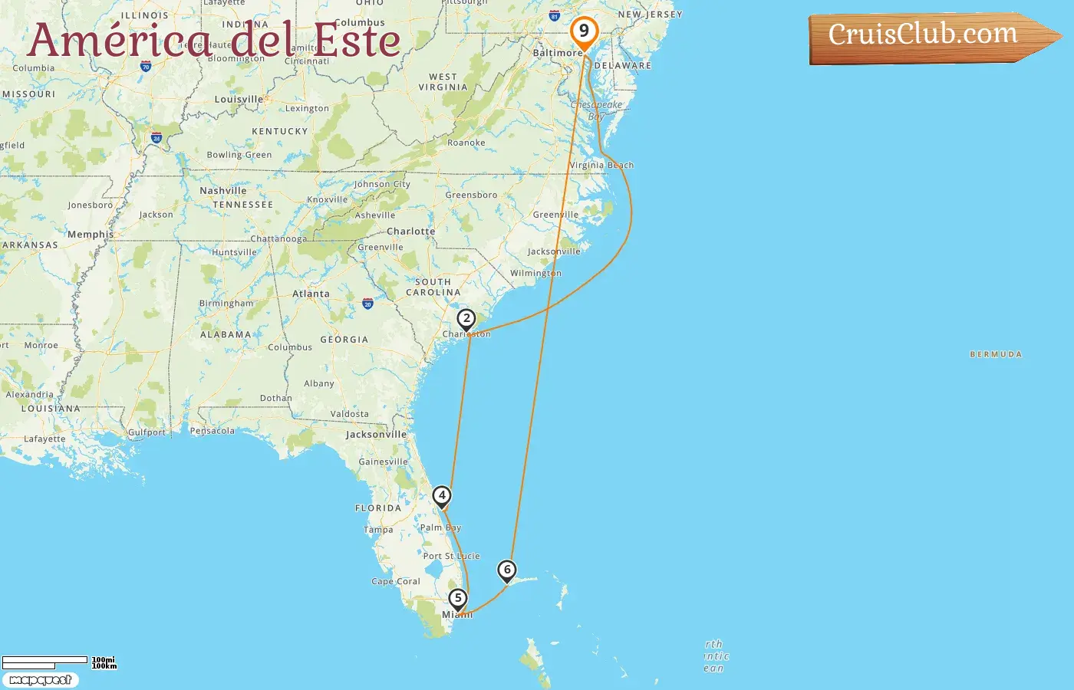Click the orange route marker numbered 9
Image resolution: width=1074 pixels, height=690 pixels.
click(x=584, y=31)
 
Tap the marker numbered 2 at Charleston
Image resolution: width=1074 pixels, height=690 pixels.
click(x=466, y=319)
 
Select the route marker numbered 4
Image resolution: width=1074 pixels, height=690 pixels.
click(x=442, y=496)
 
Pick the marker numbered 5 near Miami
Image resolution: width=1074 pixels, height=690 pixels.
click(x=457, y=598)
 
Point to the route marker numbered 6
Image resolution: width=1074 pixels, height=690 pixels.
click(x=506, y=570)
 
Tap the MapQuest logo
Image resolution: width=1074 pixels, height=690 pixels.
click(x=41, y=680)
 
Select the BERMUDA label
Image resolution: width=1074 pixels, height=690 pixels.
click(x=996, y=354)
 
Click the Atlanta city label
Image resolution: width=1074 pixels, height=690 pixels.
click(x=311, y=294)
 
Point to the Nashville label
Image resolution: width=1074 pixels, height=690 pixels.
click(x=223, y=191)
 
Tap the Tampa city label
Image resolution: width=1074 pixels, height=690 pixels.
click(x=378, y=530)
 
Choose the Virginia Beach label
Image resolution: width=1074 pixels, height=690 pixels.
click(x=601, y=165)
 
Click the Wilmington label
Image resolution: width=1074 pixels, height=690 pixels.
click(x=535, y=273)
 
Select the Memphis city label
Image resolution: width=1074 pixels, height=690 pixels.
click(x=91, y=235)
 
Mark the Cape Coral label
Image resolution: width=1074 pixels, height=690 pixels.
click(x=396, y=581)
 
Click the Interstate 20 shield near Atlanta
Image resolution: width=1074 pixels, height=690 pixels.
click(x=367, y=304)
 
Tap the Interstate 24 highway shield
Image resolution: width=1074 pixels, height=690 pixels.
click(x=156, y=139)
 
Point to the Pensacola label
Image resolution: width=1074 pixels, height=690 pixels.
click(x=212, y=431)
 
